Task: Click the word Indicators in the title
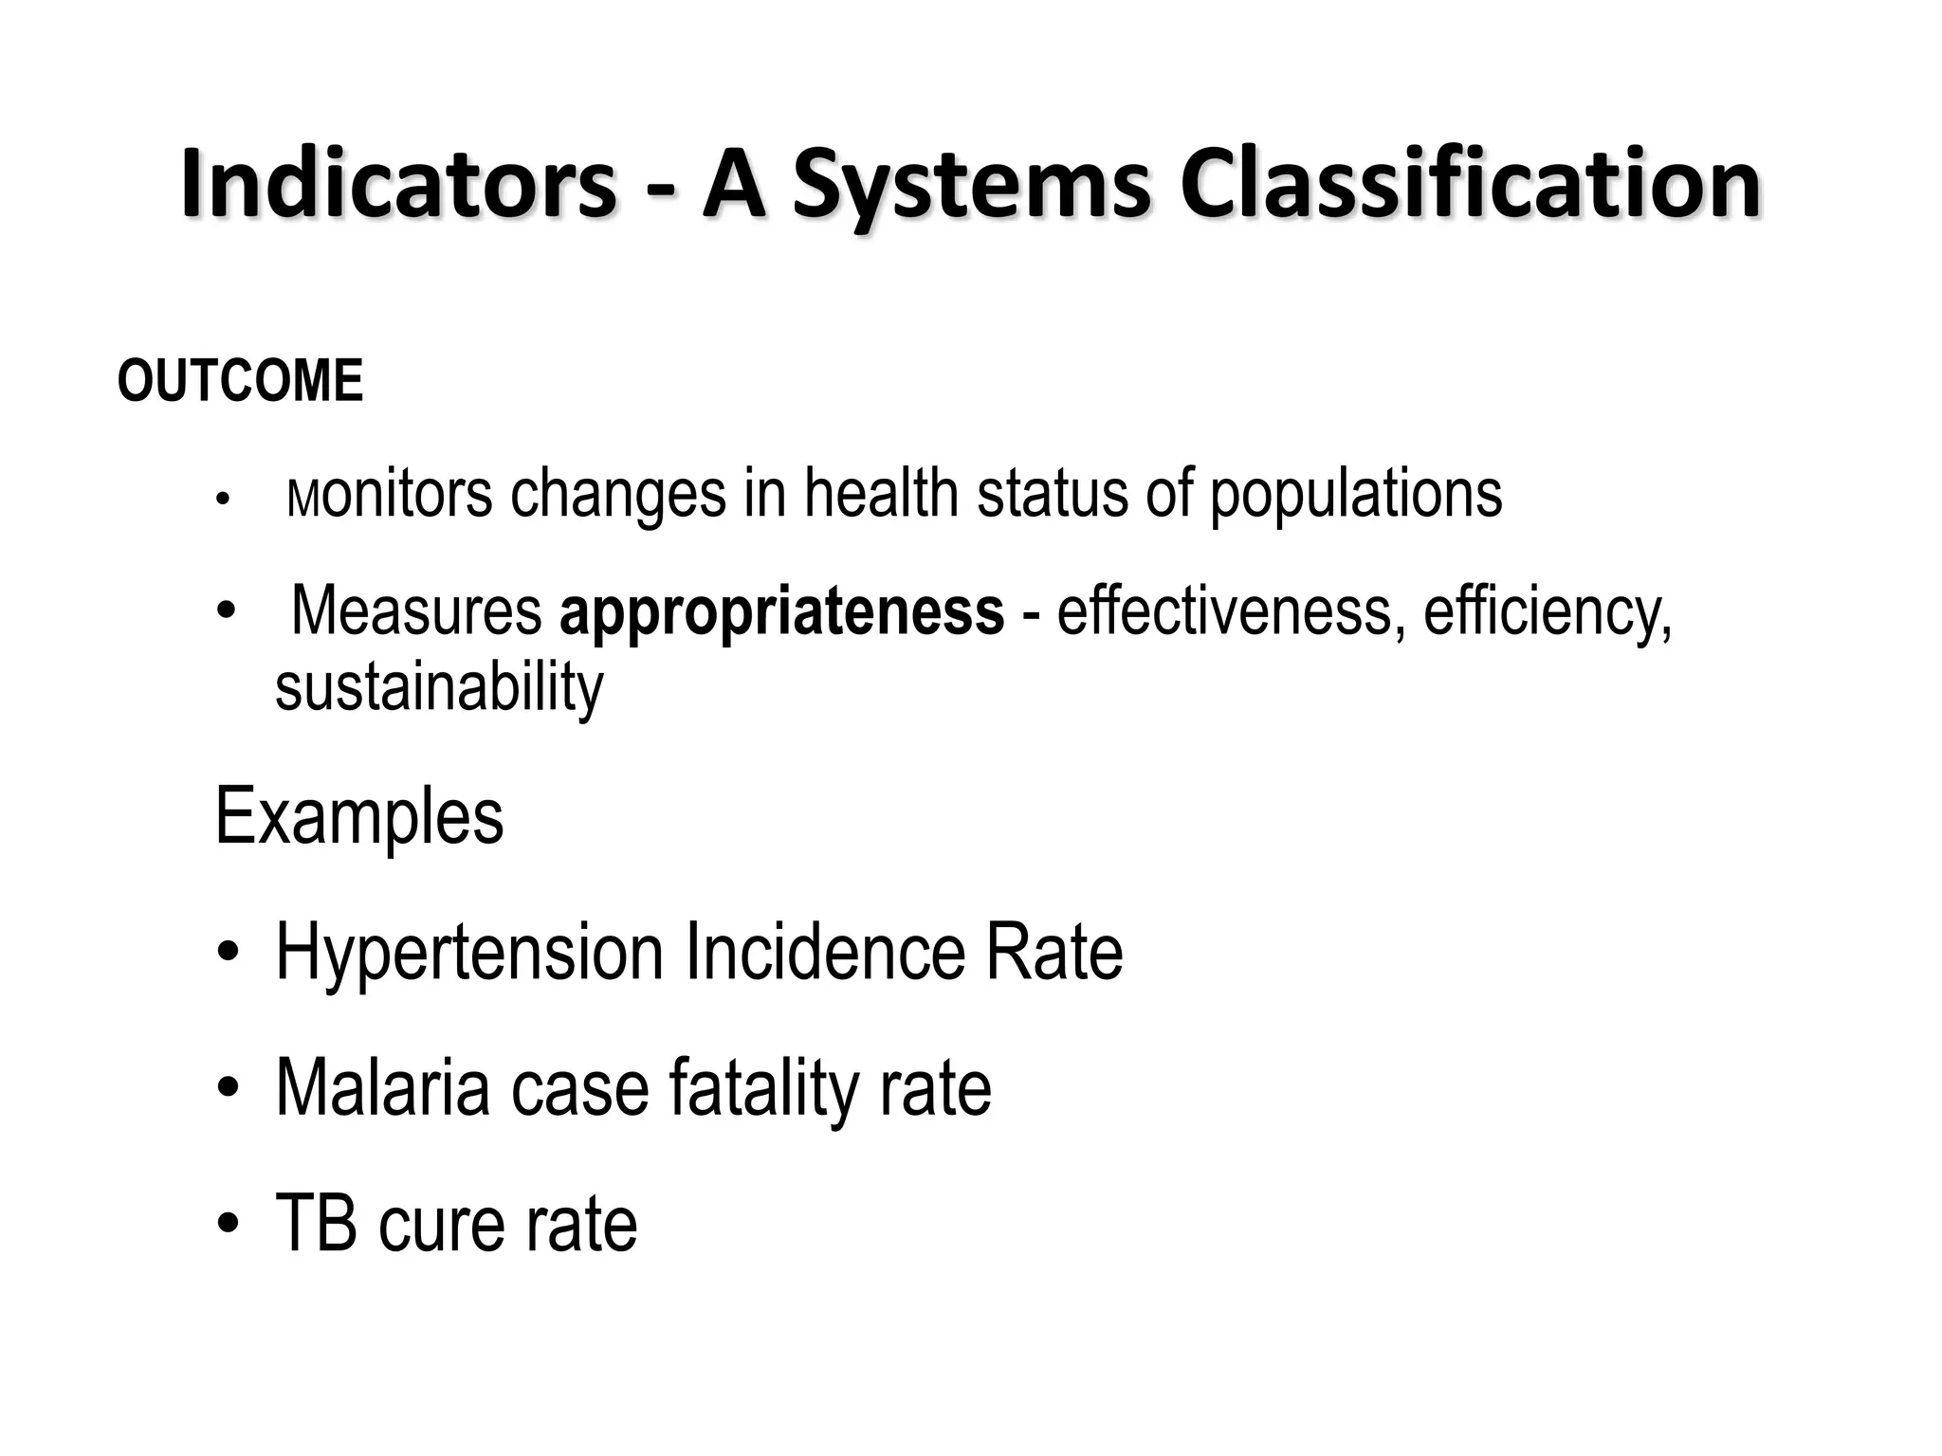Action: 398,185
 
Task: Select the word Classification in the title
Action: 1471,185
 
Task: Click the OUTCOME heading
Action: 240,381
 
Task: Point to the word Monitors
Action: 389,494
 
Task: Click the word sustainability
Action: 438,688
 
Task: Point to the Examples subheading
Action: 359,817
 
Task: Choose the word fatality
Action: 764,1090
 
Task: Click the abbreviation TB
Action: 316,1224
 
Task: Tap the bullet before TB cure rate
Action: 227,1226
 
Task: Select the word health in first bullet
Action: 881,494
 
